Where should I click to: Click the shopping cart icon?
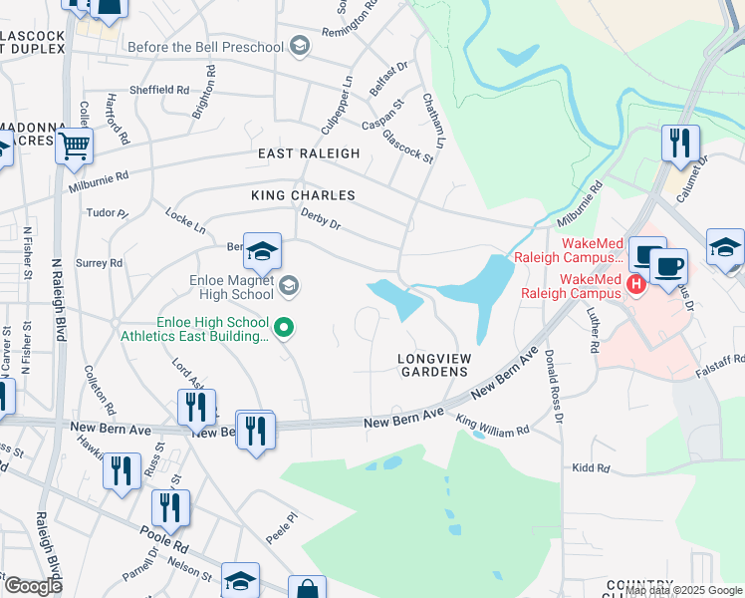click(x=75, y=146)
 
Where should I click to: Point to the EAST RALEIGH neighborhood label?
click(x=309, y=153)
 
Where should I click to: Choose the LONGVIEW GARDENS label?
click(x=432, y=364)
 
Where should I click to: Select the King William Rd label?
click(x=492, y=427)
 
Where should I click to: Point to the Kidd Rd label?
click(x=590, y=466)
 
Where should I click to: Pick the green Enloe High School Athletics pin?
click(x=284, y=326)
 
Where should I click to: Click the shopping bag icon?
click(x=307, y=588)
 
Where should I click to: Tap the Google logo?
click(x=32, y=586)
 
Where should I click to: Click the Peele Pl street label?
click(x=282, y=529)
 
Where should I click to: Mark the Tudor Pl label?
click(x=109, y=213)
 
